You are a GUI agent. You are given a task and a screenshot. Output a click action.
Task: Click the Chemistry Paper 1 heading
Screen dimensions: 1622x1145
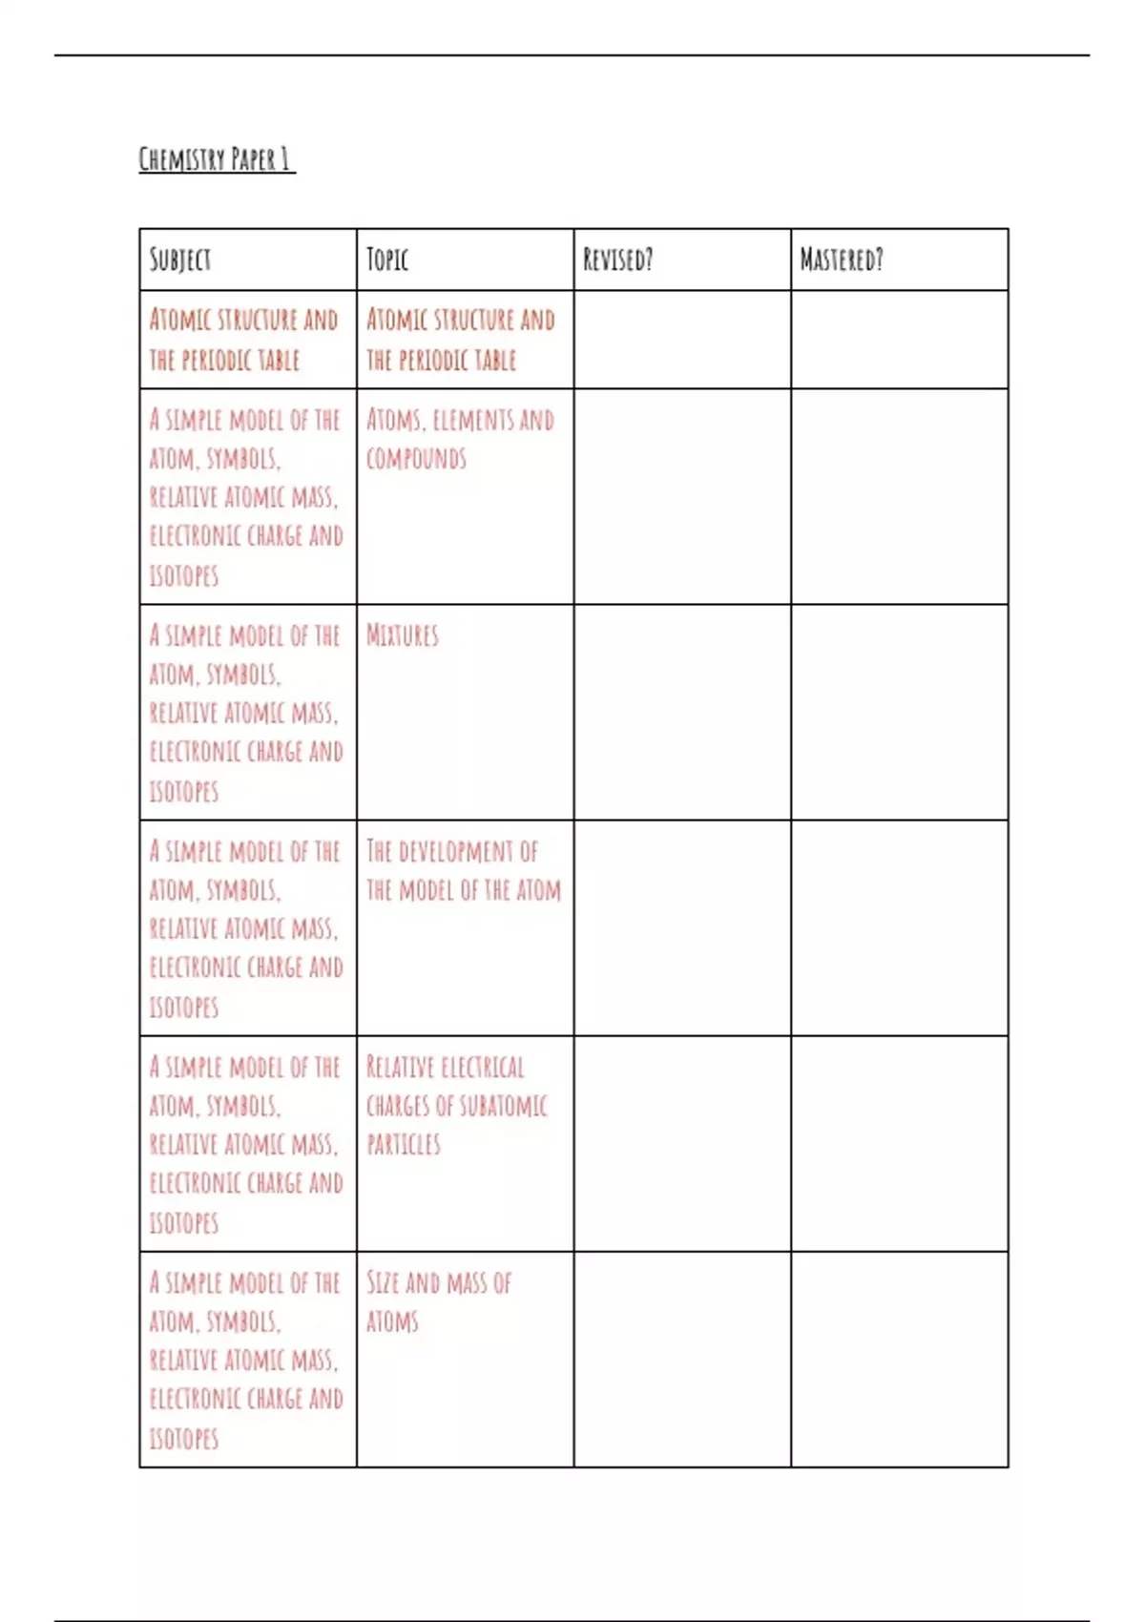pyautogui.click(x=216, y=158)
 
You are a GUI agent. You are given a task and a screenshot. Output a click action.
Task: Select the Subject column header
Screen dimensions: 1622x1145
pyautogui.click(x=180, y=260)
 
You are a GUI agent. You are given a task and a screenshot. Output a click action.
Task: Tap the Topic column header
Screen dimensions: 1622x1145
pyautogui.click(x=387, y=260)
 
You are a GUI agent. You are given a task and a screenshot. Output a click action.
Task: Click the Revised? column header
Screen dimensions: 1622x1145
pyautogui.click(x=618, y=260)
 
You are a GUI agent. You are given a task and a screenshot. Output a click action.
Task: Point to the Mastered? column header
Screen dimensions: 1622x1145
pyautogui.click(x=842, y=260)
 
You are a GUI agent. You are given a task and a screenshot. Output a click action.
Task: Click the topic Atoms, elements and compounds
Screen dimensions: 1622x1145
pyautogui.click(x=460, y=440)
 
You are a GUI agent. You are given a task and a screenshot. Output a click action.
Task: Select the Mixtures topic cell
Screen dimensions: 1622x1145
pyautogui.click(x=465, y=712)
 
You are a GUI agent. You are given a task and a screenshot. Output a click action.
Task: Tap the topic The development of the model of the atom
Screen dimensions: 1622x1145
pyautogui.click(x=464, y=871)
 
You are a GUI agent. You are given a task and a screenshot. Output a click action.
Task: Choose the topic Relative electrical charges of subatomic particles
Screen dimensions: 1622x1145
pyautogui.click(x=457, y=1106)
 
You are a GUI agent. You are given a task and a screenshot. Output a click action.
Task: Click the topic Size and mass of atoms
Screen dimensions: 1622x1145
pyautogui.click(x=439, y=1302)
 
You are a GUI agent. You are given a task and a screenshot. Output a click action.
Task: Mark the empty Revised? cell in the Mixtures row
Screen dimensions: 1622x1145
pyautogui.click(x=682, y=712)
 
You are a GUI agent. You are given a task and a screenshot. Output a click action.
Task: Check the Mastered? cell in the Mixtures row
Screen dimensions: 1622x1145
pyautogui.click(x=899, y=712)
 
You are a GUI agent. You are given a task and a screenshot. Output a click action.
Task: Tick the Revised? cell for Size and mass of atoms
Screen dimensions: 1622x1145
pyautogui.click(x=682, y=1359)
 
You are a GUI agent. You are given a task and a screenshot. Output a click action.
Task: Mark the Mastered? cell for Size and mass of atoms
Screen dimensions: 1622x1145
pyautogui.click(x=899, y=1359)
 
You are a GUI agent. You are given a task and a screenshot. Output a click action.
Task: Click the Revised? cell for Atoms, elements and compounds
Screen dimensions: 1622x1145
pyautogui.click(x=682, y=496)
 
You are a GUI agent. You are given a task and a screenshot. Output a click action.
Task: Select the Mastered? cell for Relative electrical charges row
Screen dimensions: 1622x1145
pyautogui.click(x=899, y=1143)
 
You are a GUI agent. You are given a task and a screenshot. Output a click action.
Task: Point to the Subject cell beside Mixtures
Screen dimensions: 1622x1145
pyautogui.click(x=246, y=713)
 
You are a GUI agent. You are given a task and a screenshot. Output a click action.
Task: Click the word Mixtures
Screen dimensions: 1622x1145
pyautogui.click(x=403, y=636)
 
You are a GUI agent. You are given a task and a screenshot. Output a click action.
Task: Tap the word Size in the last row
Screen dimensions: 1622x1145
pyautogui.click(x=383, y=1283)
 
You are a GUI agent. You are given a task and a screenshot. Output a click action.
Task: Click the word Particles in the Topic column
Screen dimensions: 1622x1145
pyautogui.click(x=404, y=1145)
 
